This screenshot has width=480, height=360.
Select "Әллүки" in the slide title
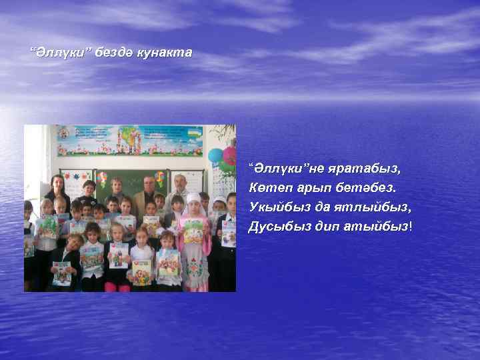click(58, 52)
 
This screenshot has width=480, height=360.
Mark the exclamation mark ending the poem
click(411, 227)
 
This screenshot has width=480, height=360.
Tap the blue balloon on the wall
click(215, 156)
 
